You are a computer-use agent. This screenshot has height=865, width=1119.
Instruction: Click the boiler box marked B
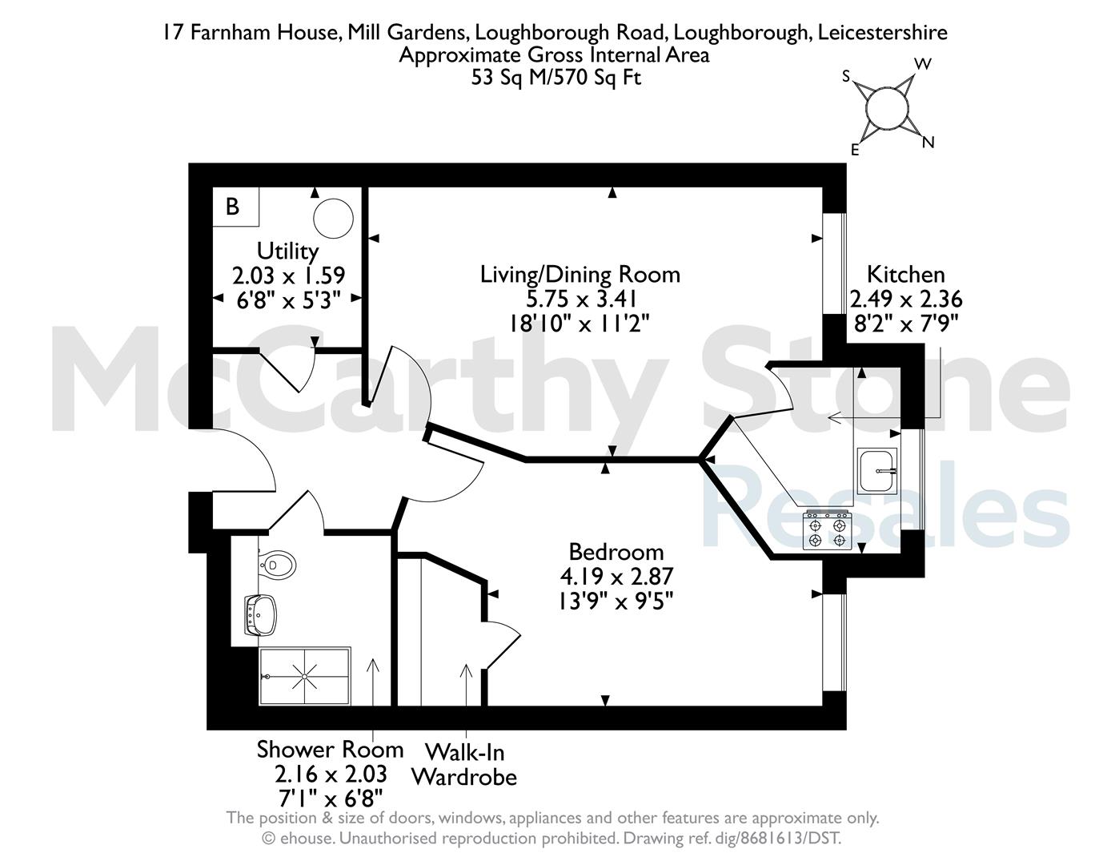point(236,207)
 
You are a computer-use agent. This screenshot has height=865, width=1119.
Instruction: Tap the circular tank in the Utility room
point(334,218)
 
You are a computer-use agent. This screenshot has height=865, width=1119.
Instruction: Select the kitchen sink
point(876,469)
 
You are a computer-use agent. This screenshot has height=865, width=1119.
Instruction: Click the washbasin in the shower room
point(261,616)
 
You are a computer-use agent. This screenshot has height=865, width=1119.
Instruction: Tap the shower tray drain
point(304,677)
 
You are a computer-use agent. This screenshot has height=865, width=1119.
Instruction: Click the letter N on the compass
point(928,143)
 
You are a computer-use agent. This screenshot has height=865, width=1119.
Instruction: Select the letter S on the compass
point(846,77)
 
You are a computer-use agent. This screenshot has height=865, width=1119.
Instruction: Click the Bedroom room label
point(616,553)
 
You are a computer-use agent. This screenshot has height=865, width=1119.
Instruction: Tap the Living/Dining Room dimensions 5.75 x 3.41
point(581,299)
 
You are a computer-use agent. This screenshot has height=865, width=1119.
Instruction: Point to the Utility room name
point(287,251)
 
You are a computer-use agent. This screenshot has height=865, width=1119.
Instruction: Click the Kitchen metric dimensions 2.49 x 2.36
point(906,299)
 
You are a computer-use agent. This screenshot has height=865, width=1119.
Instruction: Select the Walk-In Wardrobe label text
point(464,765)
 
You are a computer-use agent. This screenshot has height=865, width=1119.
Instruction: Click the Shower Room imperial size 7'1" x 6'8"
point(331,799)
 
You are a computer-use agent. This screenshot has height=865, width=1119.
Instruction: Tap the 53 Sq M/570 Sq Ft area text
point(556,78)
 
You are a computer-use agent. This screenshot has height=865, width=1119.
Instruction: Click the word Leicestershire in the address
point(882,33)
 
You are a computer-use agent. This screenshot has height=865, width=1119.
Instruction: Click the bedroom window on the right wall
point(834,642)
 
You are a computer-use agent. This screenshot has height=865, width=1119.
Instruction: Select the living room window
point(834,264)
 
